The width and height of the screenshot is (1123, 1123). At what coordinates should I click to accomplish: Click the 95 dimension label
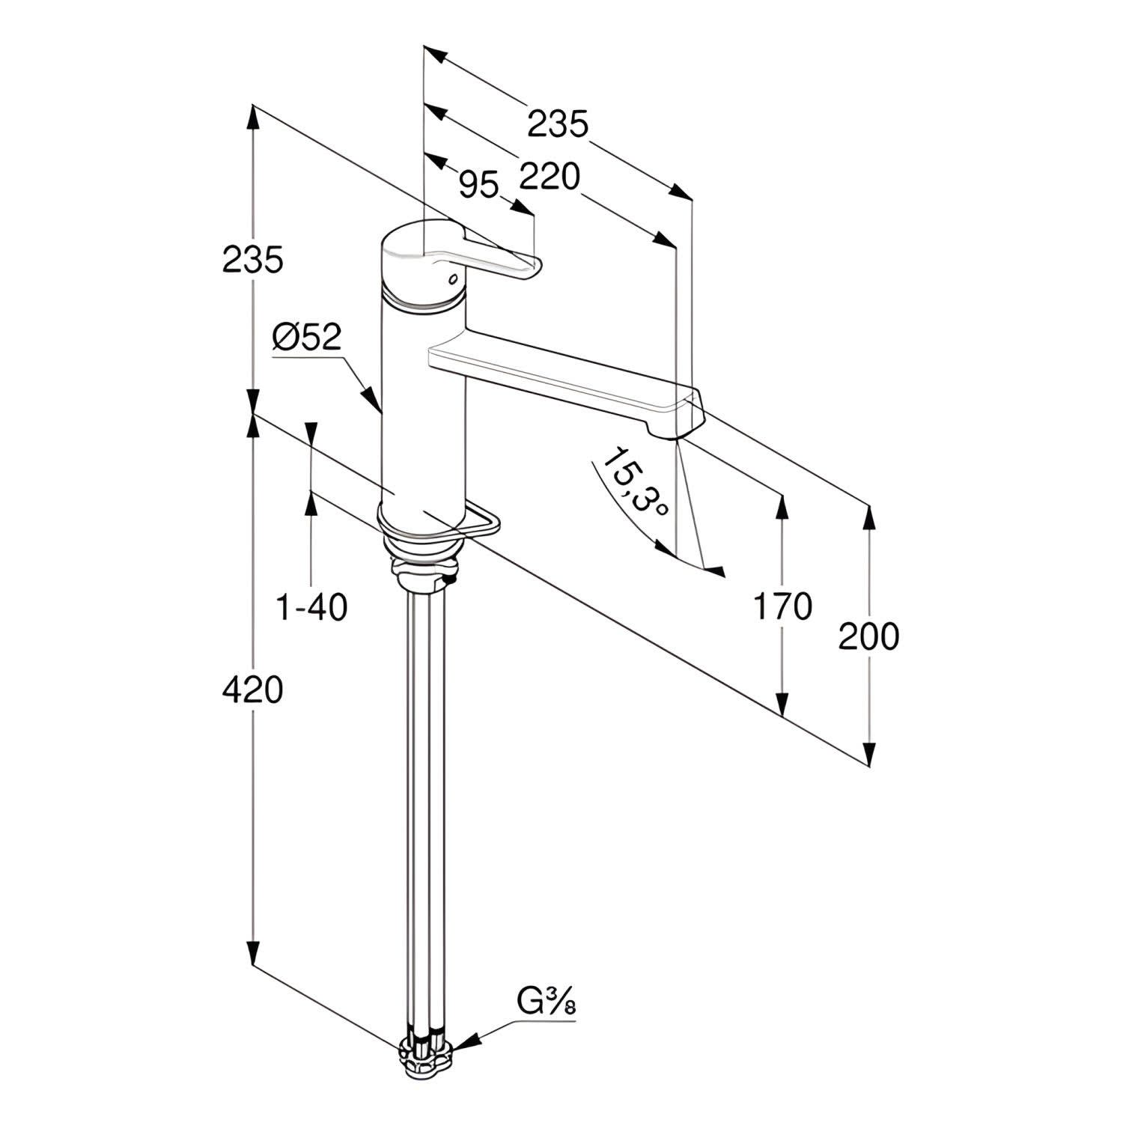tap(478, 184)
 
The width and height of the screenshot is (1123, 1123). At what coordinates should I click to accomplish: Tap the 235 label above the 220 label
tap(559, 124)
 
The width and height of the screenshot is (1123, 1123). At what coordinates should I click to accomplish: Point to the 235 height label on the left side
tap(253, 260)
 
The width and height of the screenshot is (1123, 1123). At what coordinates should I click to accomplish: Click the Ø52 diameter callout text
tap(307, 338)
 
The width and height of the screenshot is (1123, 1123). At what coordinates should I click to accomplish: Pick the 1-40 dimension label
tap(313, 606)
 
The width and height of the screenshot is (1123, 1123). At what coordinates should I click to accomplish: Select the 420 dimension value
tap(253, 690)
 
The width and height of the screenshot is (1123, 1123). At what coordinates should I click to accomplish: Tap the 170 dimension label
tap(782, 606)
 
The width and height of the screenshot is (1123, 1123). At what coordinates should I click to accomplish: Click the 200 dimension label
tap(868, 636)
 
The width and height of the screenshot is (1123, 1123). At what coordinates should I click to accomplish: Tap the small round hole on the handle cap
tap(451, 279)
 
